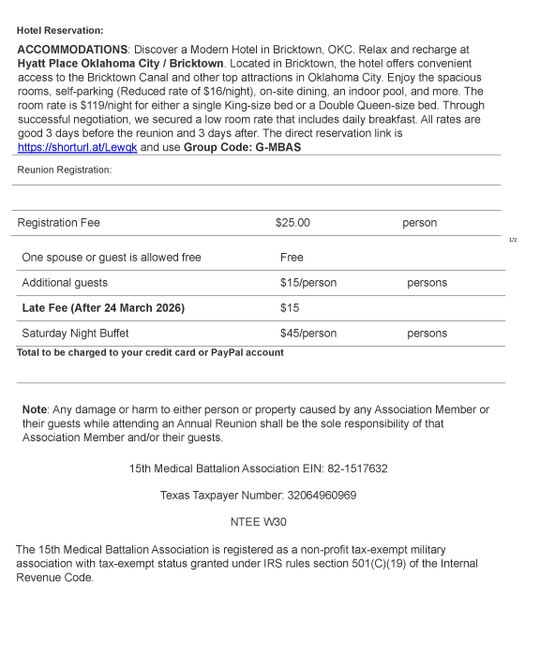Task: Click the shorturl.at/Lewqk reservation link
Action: coord(77,147)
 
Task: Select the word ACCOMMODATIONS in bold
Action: coord(72,49)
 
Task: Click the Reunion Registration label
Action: coord(64,170)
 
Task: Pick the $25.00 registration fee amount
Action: coord(292,223)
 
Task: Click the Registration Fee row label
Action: coord(58,223)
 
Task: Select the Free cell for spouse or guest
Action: coord(292,258)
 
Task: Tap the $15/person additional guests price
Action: coord(307,283)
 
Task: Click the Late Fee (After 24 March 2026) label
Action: coord(103,308)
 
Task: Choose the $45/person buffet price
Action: coord(307,334)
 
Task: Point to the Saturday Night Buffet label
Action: coord(75,334)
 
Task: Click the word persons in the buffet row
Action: coord(427,334)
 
